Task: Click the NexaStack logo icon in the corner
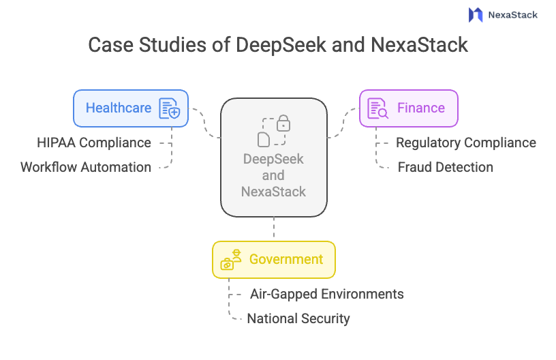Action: point(476,14)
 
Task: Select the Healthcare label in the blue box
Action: point(119,108)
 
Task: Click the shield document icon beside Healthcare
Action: point(169,108)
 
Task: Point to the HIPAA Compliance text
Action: point(94,142)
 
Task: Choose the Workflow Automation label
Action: point(86,167)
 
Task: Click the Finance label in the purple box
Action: point(420,108)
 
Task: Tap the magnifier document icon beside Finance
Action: point(377,108)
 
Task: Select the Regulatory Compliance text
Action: point(466,142)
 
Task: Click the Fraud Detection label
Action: point(446,167)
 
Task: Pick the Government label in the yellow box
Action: point(286,259)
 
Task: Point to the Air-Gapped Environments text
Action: point(327,294)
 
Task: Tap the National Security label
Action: point(298,318)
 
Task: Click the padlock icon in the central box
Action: point(283,123)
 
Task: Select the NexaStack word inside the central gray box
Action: point(274,192)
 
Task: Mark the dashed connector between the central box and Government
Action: point(274,228)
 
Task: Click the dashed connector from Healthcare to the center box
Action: point(204,123)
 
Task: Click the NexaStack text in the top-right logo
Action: point(512,14)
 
